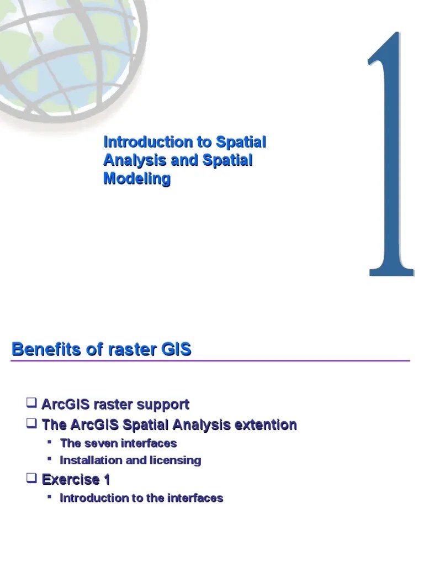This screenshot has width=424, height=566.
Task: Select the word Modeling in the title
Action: (137, 179)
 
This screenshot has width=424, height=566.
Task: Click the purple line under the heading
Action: (210, 361)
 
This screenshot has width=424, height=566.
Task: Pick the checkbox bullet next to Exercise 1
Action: (32, 478)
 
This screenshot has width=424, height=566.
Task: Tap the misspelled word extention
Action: (266, 425)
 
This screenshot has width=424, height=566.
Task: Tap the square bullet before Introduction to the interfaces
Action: (50, 496)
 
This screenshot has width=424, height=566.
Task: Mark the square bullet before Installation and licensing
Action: (50, 459)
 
